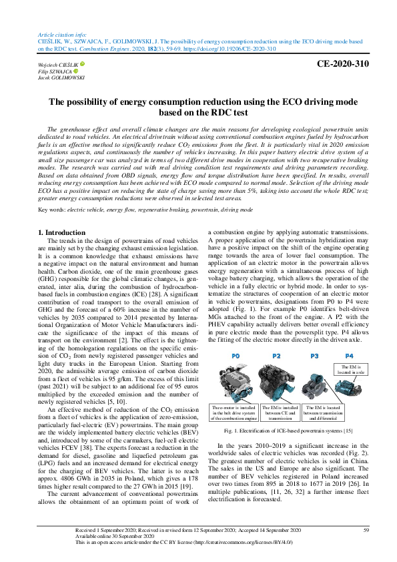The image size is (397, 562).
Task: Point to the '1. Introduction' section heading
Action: click(60, 233)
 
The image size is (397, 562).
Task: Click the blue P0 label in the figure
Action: click(235, 356)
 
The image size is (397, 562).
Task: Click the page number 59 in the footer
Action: click(366, 530)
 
